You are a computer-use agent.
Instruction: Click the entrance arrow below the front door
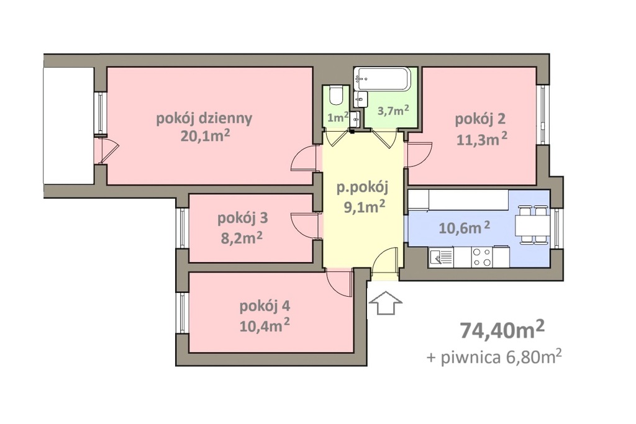[x=385, y=303]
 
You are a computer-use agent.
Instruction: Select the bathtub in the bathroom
[x=383, y=79]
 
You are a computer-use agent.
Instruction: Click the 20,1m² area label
[x=205, y=136]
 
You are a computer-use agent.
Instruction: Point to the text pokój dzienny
[x=204, y=119]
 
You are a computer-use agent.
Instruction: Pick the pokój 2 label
[x=480, y=119]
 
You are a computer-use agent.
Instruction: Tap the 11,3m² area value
[x=482, y=139]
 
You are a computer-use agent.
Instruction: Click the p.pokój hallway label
[x=363, y=188]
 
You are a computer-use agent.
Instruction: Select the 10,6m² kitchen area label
[x=465, y=228]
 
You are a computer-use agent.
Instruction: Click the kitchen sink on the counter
[x=441, y=257]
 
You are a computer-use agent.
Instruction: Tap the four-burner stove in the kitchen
[x=482, y=257]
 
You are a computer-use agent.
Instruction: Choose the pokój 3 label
[x=243, y=219]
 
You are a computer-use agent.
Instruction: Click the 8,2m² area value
[x=242, y=238]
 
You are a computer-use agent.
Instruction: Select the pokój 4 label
[x=265, y=307]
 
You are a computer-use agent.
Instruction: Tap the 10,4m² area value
[x=264, y=325]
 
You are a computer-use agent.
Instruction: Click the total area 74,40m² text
[x=502, y=330]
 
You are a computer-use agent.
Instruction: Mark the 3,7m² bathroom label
[x=393, y=111]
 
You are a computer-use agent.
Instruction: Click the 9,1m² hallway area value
[x=364, y=207]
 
